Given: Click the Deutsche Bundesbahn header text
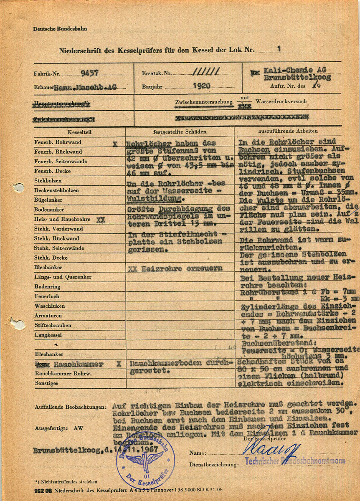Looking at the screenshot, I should (x=60, y=29).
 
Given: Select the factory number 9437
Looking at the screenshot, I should (x=89, y=73).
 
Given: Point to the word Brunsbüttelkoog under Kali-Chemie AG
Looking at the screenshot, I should (x=297, y=78).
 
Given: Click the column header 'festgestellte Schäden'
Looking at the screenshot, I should (x=180, y=132).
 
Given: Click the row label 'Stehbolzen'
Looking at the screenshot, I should (x=48, y=181).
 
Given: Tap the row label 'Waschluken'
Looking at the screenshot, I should (x=47, y=306).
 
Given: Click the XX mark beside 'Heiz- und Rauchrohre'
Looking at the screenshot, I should (x=101, y=220).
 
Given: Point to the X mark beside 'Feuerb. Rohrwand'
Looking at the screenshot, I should (x=115, y=143).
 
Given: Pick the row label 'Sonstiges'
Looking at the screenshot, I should (x=46, y=383).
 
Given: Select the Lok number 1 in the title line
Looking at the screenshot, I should (x=279, y=49).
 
